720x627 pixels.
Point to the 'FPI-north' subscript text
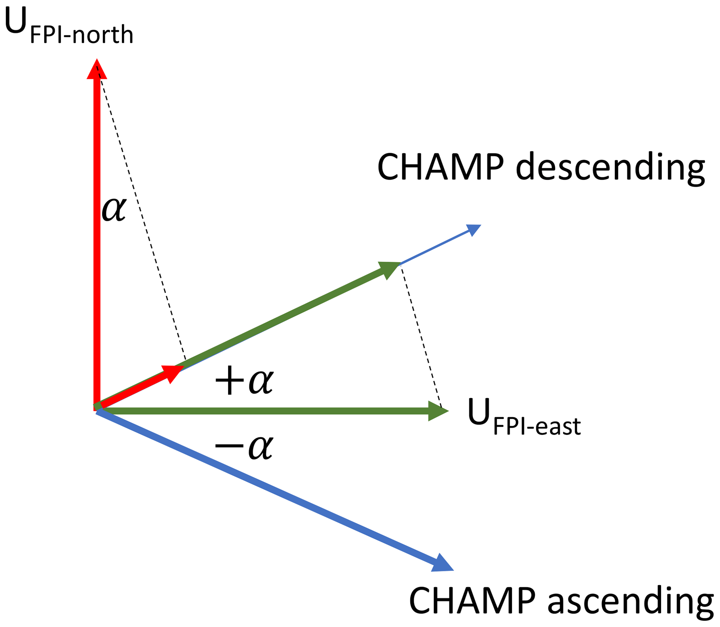[x=82, y=35]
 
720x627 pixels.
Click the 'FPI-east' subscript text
[x=537, y=426]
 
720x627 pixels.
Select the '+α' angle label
[x=244, y=381]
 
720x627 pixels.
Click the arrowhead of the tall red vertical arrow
[x=97, y=70]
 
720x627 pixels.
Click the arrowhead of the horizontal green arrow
[x=437, y=411]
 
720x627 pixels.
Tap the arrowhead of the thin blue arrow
[x=473, y=230]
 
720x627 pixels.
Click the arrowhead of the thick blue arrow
[x=442, y=563]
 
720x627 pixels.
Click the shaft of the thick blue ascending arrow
[x=266, y=486]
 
